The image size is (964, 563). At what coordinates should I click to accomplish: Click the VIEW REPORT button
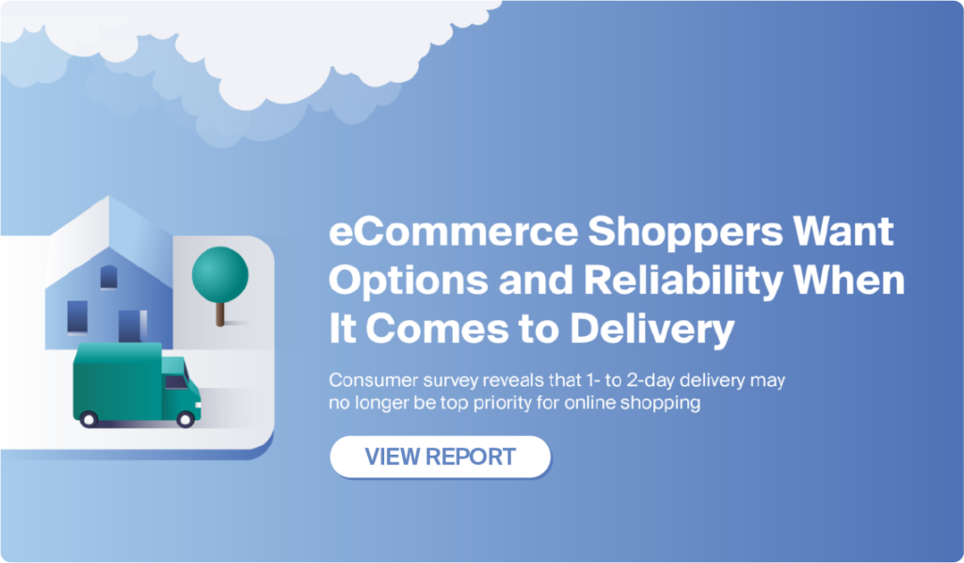pos(441,457)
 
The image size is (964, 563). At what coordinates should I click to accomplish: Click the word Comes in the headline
pos(437,330)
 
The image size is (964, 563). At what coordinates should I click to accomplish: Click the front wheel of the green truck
pos(185,419)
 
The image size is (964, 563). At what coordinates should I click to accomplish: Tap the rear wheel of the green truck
pos(88,419)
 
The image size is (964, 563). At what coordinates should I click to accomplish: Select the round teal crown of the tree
pos(220,275)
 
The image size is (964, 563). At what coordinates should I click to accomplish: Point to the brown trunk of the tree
pos(220,314)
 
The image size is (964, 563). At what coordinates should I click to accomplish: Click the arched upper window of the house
pos(109,277)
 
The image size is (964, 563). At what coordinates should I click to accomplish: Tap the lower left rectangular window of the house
pos(77,317)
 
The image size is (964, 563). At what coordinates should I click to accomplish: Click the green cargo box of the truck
pos(118,381)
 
